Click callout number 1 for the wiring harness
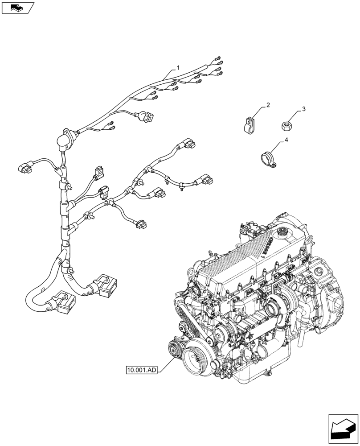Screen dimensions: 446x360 (178, 68)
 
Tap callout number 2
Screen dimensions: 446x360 (268, 105)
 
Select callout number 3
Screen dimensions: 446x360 (303, 109)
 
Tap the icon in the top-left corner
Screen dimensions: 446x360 (17, 8)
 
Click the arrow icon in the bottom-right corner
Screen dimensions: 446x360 (343, 429)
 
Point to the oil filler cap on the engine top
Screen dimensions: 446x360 (282, 232)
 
